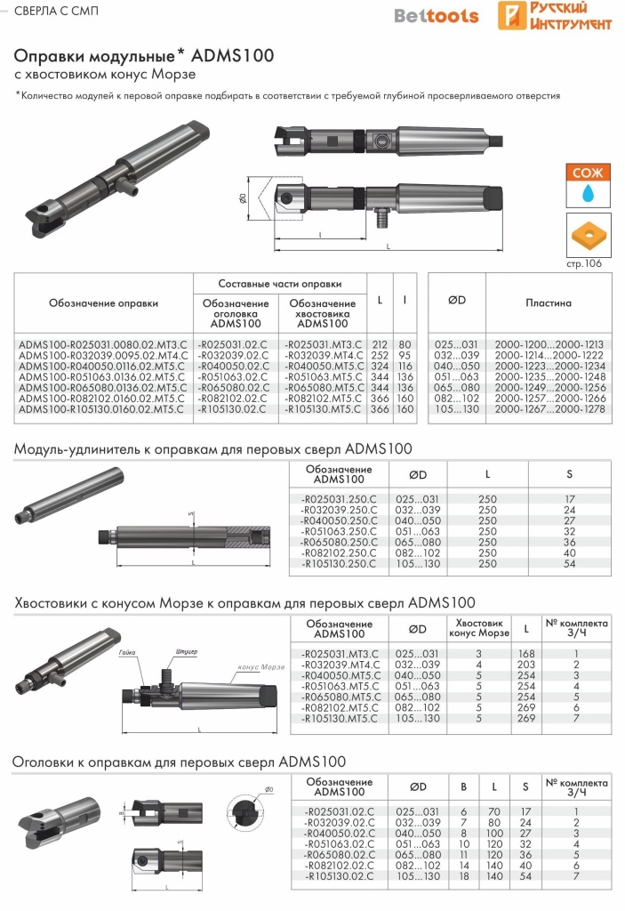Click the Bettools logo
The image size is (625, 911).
[x=436, y=16]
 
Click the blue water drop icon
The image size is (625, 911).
[x=586, y=191]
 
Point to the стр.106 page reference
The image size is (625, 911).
[x=584, y=263]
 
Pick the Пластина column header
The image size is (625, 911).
[x=547, y=302]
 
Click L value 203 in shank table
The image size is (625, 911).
[x=527, y=665]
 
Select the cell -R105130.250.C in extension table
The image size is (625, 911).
[x=339, y=564]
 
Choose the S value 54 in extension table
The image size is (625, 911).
[x=570, y=564]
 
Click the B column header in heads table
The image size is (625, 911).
[x=463, y=786]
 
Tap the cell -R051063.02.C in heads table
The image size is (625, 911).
[x=339, y=843]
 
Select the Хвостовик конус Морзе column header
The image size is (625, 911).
[x=479, y=628]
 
